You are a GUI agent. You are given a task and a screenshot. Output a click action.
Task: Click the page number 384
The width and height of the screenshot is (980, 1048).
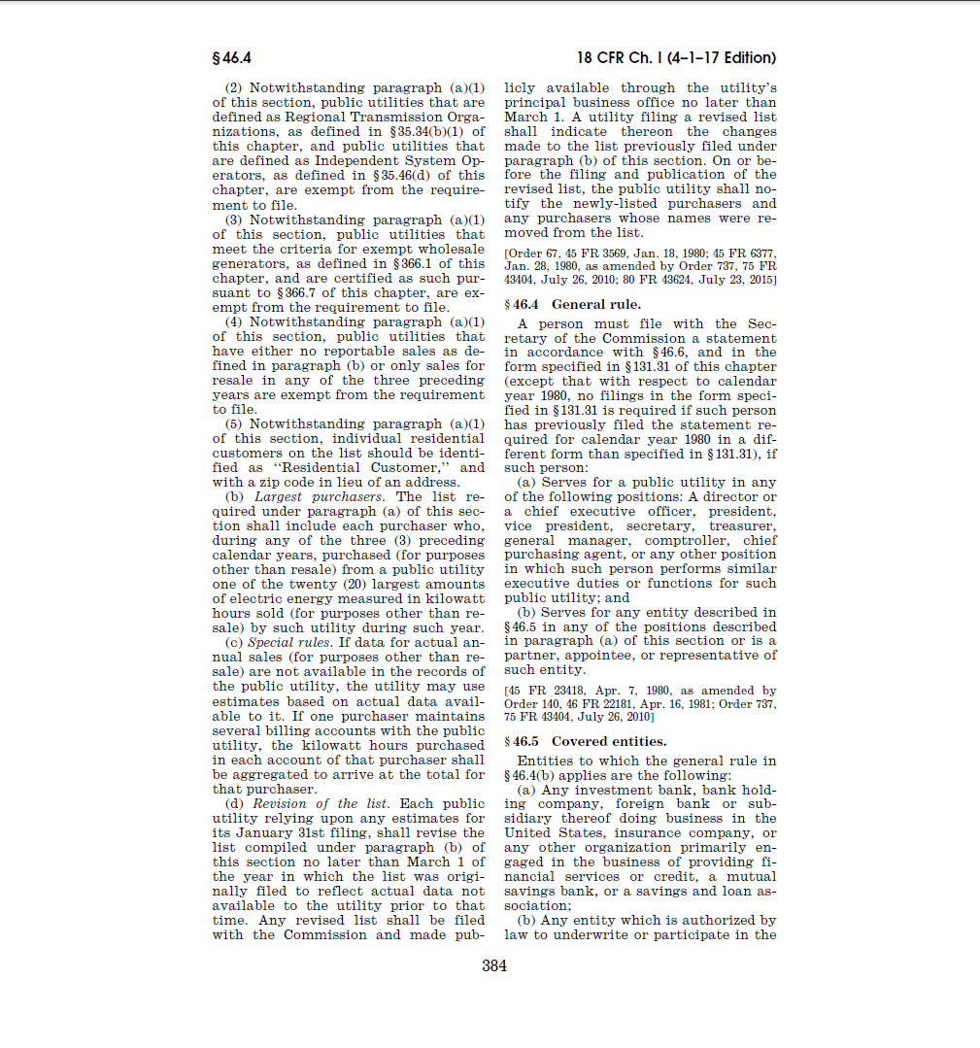tap(494, 965)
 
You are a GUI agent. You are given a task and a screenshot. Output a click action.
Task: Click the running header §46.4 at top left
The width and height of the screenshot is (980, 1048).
tap(231, 57)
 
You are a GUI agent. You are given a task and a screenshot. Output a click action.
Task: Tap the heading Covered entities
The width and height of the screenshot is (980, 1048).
tap(609, 742)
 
